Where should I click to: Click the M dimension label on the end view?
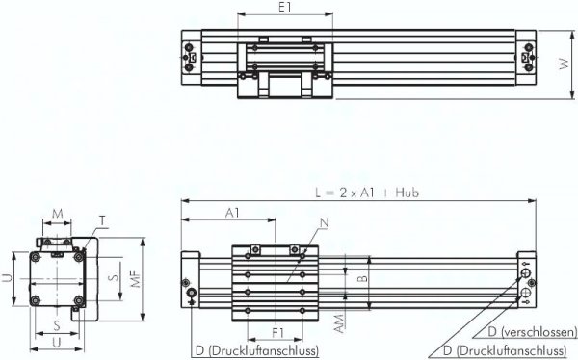tap(58, 212)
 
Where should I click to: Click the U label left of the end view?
tap(7, 279)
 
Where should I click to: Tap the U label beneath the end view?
tap(58, 341)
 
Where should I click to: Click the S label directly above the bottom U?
tap(57, 325)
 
